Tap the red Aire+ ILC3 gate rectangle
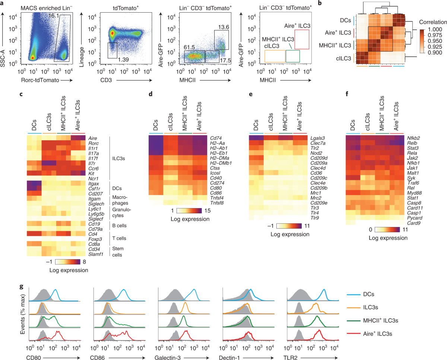[301, 39]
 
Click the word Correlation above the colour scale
[432, 21]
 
